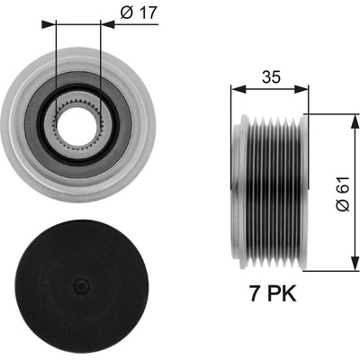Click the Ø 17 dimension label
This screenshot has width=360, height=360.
pos(139,13)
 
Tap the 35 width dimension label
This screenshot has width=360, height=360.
pos(271,77)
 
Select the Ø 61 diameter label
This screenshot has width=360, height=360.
pos(343,194)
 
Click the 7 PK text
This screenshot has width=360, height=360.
pos(273,293)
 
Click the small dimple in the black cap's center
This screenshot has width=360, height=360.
pos(81,285)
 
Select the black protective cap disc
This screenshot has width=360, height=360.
pos(83,285)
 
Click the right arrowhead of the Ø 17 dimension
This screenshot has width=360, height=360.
pos(107,24)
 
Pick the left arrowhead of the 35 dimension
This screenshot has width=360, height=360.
pos(238,89)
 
